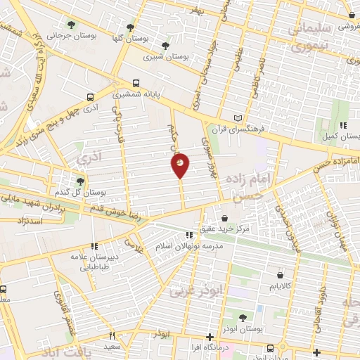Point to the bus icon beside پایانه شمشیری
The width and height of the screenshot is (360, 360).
[136, 83]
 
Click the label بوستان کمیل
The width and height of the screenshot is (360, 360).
[340, 136]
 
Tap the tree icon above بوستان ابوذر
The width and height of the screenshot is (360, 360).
[243, 319]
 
